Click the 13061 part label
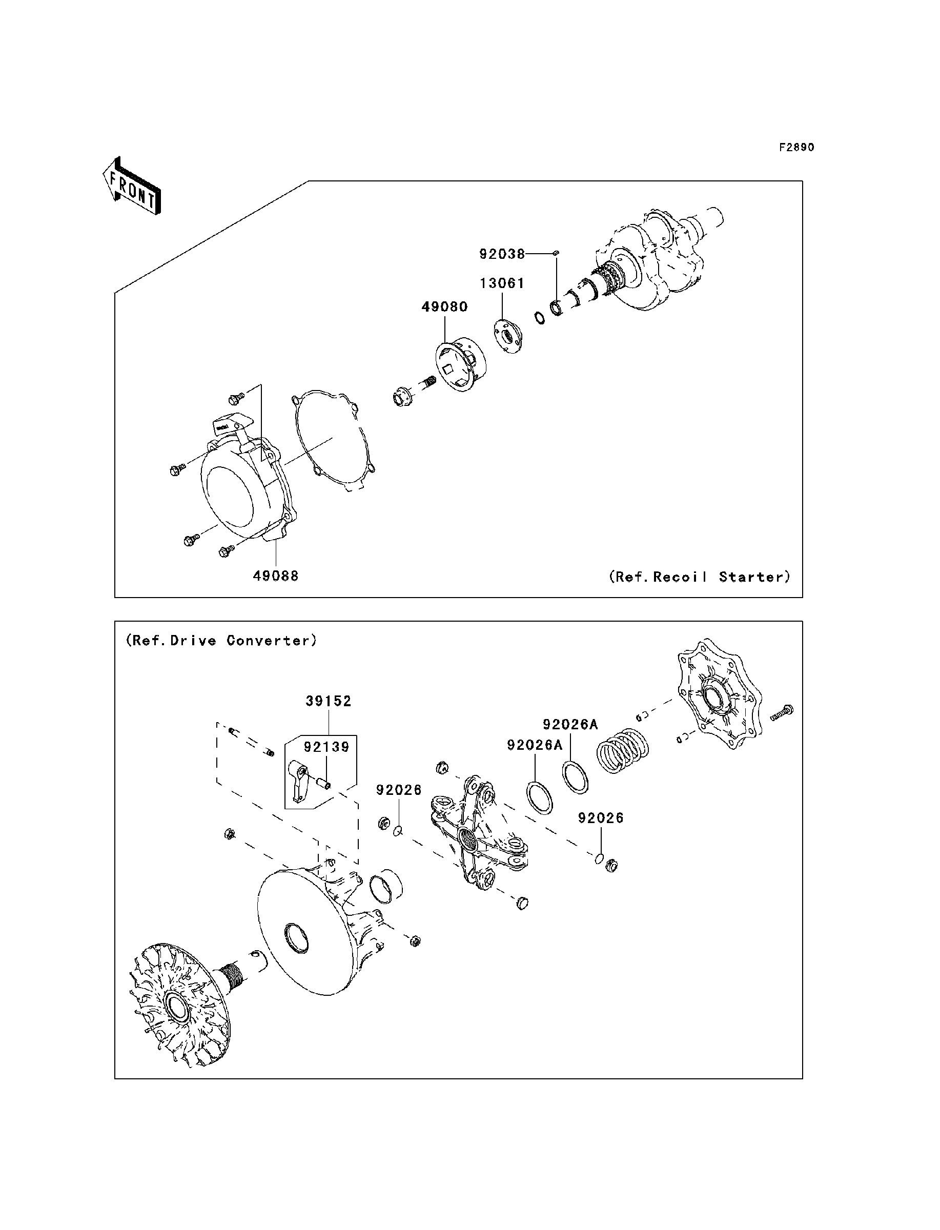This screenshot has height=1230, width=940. [x=502, y=283]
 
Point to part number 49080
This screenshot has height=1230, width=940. [x=444, y=307]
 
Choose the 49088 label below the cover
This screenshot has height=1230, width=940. [x=275, y=576]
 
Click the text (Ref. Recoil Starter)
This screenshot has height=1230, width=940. [x=700, y=577]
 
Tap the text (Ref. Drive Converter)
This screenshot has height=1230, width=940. [x=221, y=641]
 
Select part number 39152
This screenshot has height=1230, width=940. [x=329, y=702]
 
